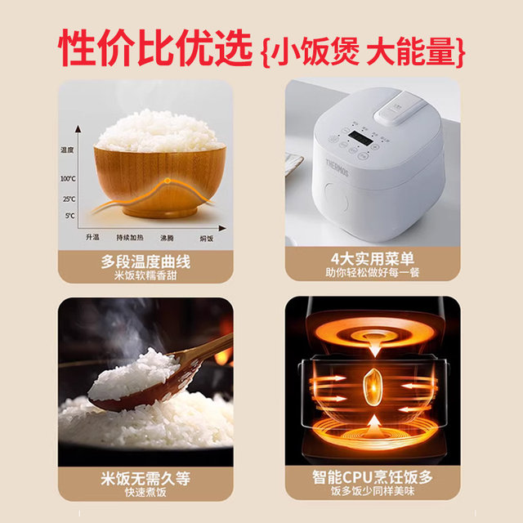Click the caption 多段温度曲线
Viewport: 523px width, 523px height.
click(x=145, y=262)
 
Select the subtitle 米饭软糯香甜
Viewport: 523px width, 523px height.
click(x=145, y=276)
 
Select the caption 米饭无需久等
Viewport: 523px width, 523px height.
click(x=145, y=479)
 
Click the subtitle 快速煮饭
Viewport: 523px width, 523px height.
click(x=145, y=493)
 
